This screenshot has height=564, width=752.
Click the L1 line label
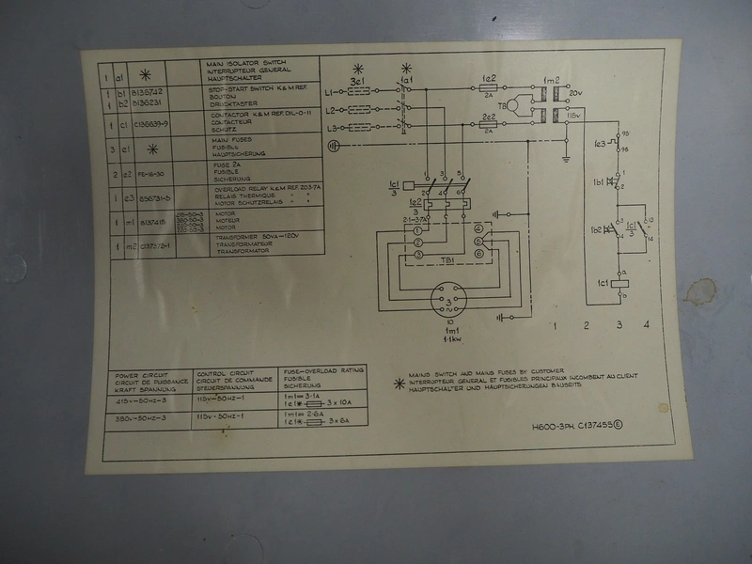[330, 92]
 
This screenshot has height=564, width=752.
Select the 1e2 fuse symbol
[489, 88]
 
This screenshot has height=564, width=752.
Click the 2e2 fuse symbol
[489, 125]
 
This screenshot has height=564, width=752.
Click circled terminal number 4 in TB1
[478, 227]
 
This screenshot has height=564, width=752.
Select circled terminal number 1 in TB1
[417, 229]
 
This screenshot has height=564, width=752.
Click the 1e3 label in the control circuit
[600, 143]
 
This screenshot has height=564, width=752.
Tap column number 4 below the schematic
[646, 325]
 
